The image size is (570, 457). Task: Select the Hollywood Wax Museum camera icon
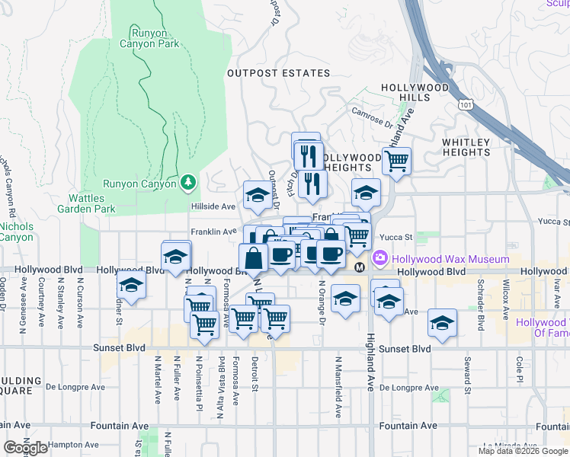[x=379, y=260]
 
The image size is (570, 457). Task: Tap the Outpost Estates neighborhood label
[x=279, y=73]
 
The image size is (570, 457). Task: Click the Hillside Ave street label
[x=212, y=206]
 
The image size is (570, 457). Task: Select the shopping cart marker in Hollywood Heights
[x=396, y=161]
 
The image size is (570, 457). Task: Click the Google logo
[x=25, y=448]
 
